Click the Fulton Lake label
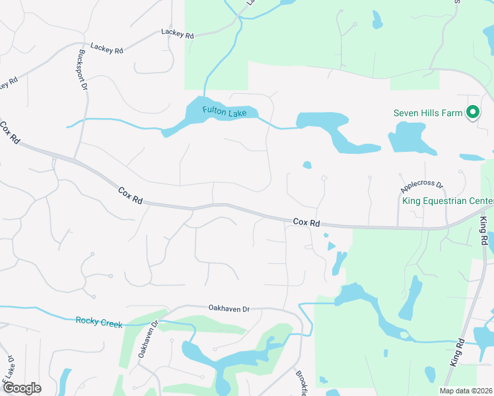pos(225,112)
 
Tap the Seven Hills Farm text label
pos(428,113)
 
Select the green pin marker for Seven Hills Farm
pos(473,113)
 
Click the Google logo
pos(21,388)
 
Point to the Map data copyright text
pos(466,391)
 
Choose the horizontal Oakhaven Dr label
pos(229,308)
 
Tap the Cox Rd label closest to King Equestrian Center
pos(306,223)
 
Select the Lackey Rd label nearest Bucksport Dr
pos(107,48)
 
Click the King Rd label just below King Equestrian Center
pos(484,232)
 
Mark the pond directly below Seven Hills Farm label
pos(409,137)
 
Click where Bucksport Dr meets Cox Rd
pos(75,160)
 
